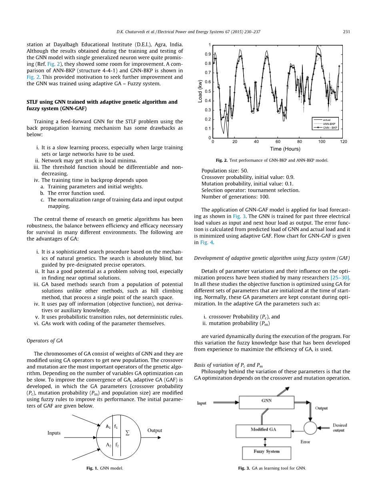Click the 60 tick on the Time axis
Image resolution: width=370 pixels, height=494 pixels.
point(278,142)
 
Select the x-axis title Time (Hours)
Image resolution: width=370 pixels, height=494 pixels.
point(285,149)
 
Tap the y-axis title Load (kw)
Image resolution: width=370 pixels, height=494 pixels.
point(200,91)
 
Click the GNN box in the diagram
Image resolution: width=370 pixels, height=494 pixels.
point(266,400)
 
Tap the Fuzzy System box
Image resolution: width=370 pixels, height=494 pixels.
point(266,452)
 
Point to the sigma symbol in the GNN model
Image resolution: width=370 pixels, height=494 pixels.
point(128,433)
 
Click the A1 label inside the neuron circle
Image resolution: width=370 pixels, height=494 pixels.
point(108,427)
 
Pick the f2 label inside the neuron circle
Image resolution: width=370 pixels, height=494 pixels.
point(117,445)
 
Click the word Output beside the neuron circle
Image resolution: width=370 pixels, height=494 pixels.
point(155,430)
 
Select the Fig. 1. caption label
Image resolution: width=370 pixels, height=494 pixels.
point(92,468)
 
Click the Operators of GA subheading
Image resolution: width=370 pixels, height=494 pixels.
point(44,341)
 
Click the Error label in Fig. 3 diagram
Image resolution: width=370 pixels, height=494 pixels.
point(305,442)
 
